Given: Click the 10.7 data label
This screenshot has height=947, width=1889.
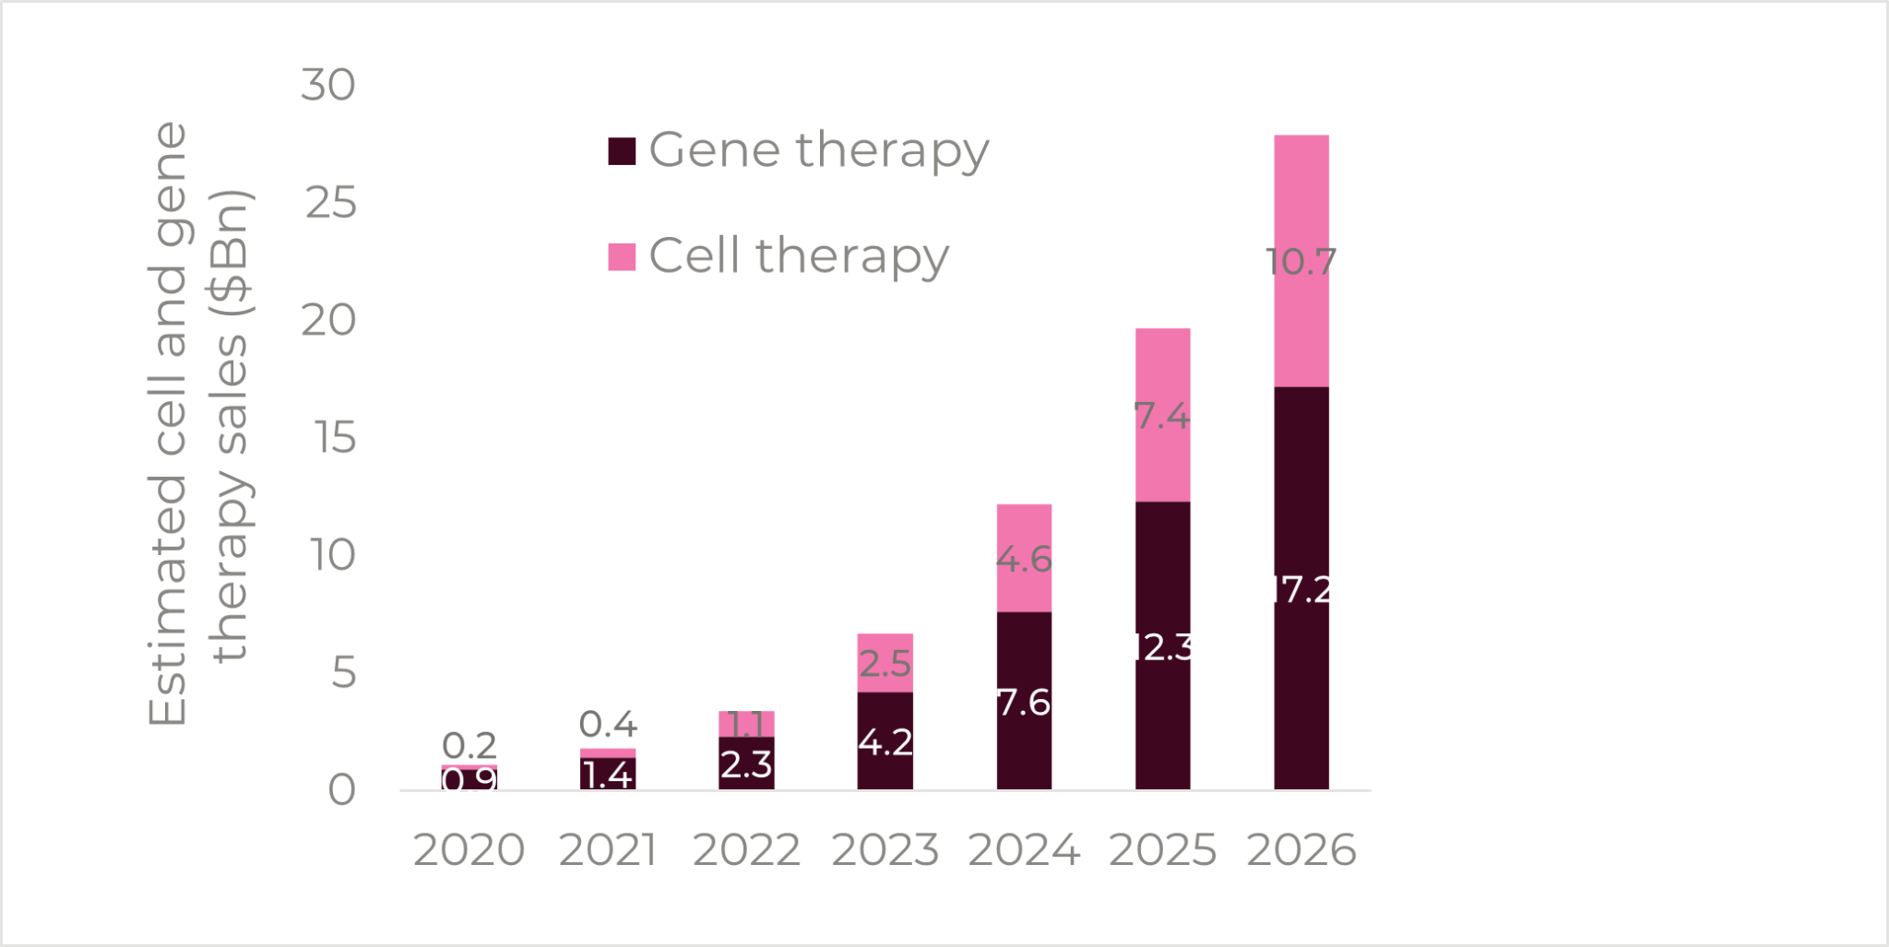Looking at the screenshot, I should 1301,262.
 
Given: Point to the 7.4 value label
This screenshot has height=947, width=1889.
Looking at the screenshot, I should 1162,416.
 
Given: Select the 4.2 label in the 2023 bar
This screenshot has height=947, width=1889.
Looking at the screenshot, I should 885,741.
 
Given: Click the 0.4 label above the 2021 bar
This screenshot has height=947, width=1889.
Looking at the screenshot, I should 608,724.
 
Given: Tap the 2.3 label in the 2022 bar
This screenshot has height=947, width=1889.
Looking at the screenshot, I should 746,764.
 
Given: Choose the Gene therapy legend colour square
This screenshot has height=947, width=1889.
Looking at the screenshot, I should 622,151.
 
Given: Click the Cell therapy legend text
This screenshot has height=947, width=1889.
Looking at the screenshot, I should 799,255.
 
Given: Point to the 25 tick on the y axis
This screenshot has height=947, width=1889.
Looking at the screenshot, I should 330,203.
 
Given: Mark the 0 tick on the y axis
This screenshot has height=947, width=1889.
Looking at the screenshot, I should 341,790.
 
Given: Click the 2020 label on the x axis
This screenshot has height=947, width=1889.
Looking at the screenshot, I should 469,849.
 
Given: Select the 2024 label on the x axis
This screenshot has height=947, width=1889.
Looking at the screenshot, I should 1024,849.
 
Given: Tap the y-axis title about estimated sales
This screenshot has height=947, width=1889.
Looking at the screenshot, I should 198,424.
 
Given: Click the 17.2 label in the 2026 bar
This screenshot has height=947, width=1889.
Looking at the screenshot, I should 1301,590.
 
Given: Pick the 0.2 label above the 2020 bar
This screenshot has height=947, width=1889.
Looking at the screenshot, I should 469,745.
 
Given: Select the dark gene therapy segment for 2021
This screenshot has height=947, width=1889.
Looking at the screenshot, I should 608,779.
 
